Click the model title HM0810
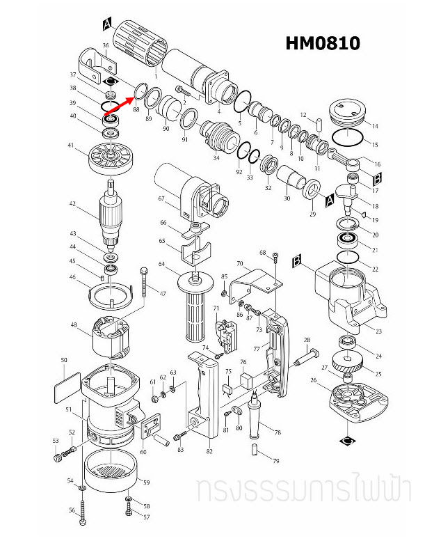pos(323,43)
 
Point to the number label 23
pos(378,331)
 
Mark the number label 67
pos(161,198)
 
